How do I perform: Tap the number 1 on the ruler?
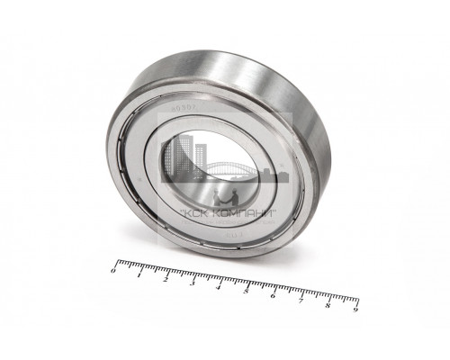140,274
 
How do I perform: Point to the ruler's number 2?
166,279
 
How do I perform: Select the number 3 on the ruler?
193,283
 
